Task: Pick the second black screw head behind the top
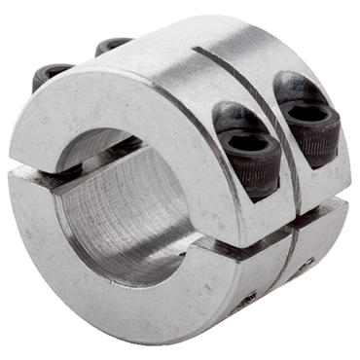click(113, 45)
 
